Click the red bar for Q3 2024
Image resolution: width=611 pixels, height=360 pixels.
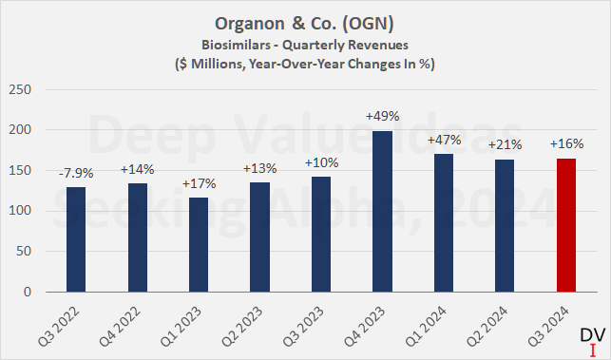pyautogui.click(x=566, y=226)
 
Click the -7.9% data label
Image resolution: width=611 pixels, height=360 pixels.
pyautogui.click(x=75, y=174)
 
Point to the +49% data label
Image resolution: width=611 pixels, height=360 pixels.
pyautogui.click(x=382, y=117)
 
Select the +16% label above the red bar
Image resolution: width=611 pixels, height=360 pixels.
pyautogui.click(x=566, y=144)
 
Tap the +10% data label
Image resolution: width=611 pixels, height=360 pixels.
pyautogui.click(x=320, y=161)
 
